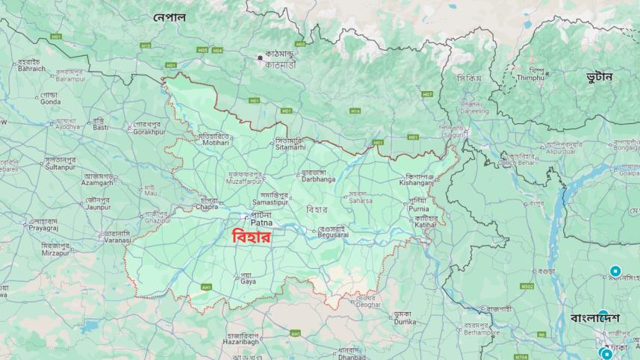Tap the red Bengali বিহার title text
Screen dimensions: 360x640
coord(251,238)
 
